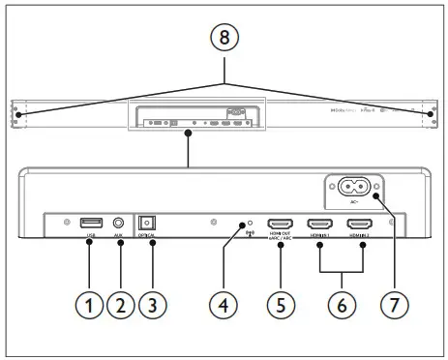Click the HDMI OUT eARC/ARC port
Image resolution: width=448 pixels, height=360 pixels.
pos(281,224)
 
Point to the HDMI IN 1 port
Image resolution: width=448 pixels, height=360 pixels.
pos(319,224)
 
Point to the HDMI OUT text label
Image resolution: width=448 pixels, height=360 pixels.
pos(281,236)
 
